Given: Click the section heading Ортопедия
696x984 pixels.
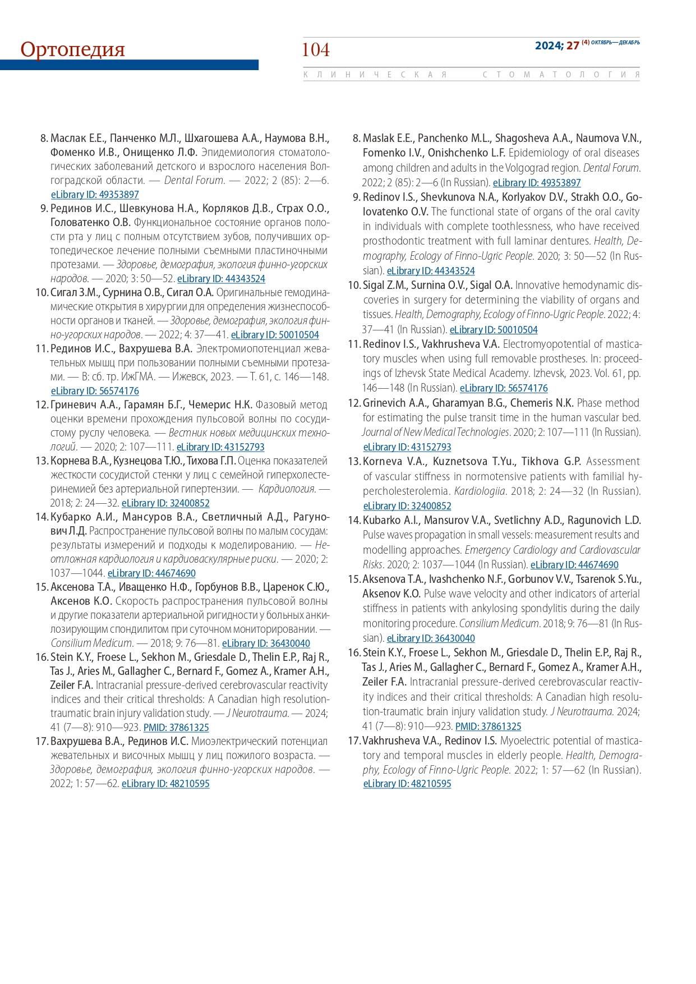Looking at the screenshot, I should pos(72,49).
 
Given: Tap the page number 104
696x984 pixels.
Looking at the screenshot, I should pos(316,50).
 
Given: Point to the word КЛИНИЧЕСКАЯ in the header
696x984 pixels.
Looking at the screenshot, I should pos(375,75).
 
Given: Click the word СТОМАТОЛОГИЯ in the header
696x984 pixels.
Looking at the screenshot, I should pos(560,75).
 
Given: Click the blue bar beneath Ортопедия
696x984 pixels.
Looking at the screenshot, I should pos(129,65).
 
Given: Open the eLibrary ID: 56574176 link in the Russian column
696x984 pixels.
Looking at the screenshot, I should pos(95,391).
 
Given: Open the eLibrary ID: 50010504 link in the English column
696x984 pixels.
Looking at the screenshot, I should pos(494,330).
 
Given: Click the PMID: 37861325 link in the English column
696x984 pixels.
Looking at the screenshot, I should pos(488,726).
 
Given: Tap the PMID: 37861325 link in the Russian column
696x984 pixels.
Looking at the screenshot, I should pos(176,728).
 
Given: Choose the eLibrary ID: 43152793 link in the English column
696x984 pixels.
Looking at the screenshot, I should pos(407,447).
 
